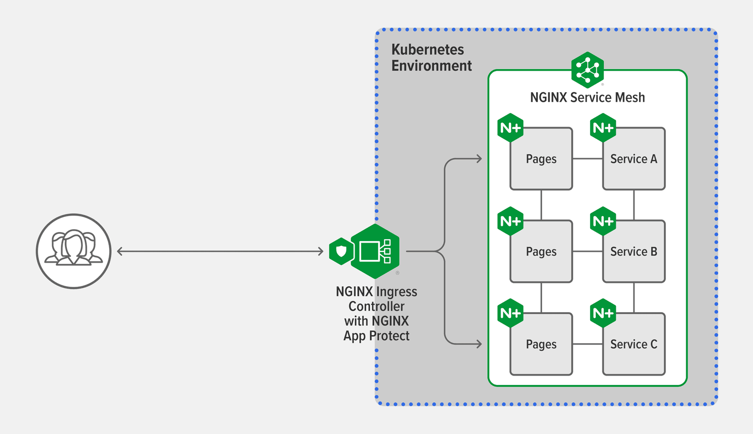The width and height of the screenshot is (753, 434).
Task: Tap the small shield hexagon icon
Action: (341, 251)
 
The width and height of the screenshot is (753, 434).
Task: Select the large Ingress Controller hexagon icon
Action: (375, 251)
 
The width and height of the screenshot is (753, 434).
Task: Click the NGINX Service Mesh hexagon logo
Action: (587, 70)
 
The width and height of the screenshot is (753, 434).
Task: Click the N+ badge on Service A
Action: (603, 128)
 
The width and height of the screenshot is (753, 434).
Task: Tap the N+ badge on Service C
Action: (603, 313)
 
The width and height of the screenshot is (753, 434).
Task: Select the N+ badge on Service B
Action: (603, 221)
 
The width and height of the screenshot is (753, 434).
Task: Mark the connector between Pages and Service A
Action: (587, 159)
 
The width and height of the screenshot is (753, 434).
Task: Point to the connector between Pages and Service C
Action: (587, 344)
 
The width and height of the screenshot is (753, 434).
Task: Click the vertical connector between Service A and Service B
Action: (634, 205)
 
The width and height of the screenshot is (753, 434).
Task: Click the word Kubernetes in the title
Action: (427, 49)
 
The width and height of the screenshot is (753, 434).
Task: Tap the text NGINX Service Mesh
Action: (587, 97)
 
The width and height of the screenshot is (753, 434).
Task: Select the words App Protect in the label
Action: (376, 336)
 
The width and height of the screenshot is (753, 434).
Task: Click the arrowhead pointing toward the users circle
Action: (120, 251)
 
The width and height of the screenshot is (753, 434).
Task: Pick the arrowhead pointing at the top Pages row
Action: (479, 159)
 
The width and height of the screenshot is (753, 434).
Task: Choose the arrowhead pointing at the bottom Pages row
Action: (479, 344)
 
